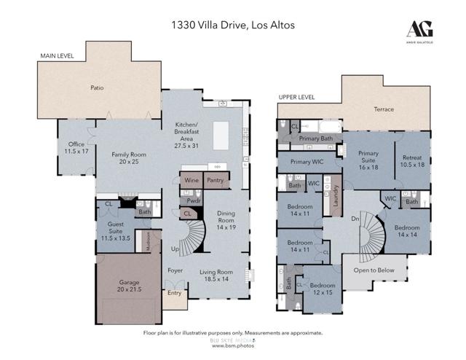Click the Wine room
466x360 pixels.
[191, 179]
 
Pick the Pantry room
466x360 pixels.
[215, 179]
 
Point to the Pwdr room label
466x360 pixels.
[194, 200]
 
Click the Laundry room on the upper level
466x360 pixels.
[336, 202]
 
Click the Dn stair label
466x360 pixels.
[355, 217]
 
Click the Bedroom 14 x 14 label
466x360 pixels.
[406, 230]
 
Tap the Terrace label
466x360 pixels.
[384, 109]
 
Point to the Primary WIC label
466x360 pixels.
[307, 162]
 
